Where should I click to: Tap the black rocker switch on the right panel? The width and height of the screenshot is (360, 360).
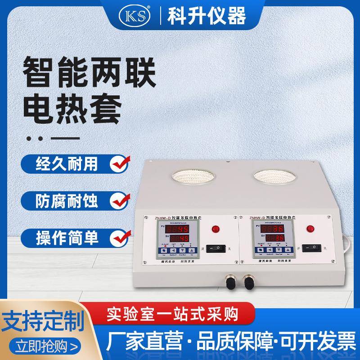click(x=311, y=248)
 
